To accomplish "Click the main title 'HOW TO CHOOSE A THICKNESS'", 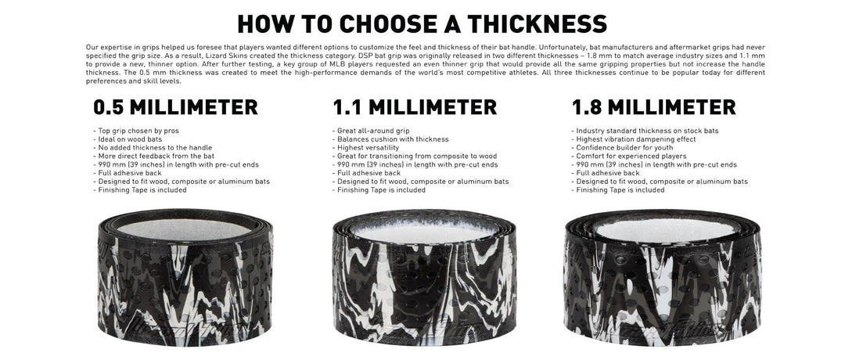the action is (422, 23).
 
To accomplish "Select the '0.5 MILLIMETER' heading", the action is (176, 107).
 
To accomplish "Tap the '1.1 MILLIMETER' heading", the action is (415, 107).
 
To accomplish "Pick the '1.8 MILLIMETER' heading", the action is (653, 107).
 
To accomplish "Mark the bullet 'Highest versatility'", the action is (365, 148).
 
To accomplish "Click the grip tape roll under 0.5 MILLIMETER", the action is (185, 277).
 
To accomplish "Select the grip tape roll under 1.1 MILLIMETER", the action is (424, 278).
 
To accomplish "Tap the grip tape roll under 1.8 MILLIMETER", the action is (663, 278).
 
